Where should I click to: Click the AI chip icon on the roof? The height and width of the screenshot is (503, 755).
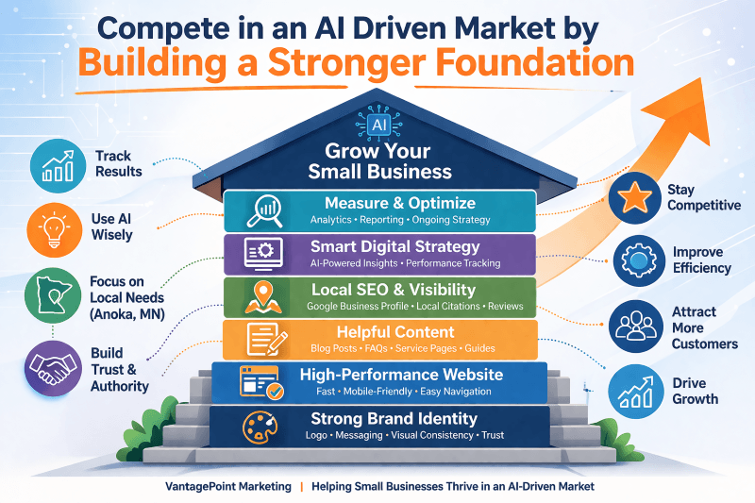[x=379, y=125]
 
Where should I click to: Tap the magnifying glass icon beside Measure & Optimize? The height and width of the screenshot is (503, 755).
[x=264, y=210]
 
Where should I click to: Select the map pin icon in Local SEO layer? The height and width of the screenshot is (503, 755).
[x=263, y=297]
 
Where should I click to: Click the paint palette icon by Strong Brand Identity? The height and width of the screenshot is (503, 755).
[x=260, y=427]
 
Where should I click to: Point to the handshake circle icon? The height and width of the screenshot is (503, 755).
[x=53, y=368]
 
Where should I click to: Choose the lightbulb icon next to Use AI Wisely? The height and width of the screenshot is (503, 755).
[x=55, y=230]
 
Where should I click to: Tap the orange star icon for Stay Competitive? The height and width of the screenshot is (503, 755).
[x=634, y=198]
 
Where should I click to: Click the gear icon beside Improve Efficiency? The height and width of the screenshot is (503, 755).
[x=639, y=260]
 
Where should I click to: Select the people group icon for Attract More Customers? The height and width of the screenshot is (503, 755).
[x=635, y=326]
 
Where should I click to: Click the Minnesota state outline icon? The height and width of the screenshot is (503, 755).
[x=53, y=295]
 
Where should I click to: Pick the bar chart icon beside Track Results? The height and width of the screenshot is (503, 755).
[x=58, y=165]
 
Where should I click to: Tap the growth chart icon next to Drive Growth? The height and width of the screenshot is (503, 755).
[x=635, y=392]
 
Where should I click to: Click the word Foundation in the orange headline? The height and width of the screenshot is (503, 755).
[x=535, y=63]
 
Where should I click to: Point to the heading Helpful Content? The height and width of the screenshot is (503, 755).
[x=395, y=332]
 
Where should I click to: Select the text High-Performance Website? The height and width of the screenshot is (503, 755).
[x=402, y=375]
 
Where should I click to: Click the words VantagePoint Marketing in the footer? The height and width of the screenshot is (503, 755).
[x=228, y=487]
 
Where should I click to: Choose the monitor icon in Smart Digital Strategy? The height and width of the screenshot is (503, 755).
[x=263, y=253]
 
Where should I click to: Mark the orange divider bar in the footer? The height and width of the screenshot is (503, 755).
[x=302, y=487]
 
